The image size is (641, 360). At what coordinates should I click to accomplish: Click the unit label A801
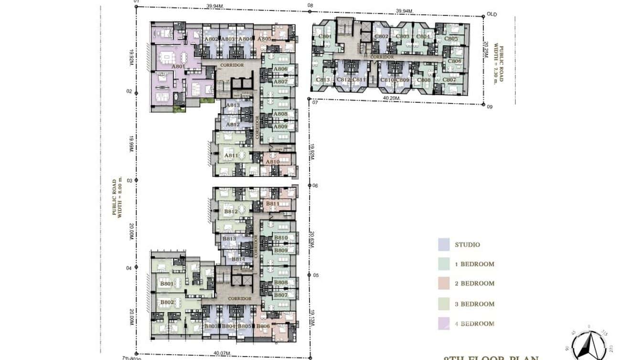(x=178, y=67)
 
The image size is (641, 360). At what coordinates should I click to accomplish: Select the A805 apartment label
(x=264, y=39)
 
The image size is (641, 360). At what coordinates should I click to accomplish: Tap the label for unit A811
(x=231, y=156)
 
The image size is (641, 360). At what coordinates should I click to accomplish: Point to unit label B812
(x=231, y=212)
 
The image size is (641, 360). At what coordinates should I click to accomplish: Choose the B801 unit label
(x=167, y=284)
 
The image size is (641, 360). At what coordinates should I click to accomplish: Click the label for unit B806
(x=263, y=326)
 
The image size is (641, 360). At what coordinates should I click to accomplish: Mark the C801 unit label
(x=325, y=37)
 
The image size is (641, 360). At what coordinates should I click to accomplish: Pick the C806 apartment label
(x=454, y=61)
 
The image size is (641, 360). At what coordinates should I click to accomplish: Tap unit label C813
(x=323, y=80)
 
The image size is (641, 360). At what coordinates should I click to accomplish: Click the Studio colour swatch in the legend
(x=444, y=244)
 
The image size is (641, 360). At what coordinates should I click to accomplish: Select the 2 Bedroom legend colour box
(x=444, y=284)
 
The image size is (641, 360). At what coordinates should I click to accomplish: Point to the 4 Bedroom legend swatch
(x=444, y=324)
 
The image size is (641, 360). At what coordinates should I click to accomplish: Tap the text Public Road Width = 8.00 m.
(x=117, y=197)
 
